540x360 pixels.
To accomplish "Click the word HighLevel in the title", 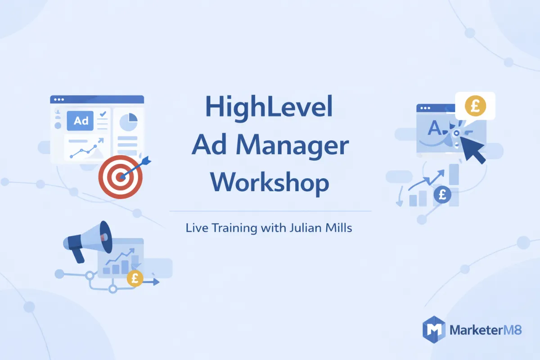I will tap(270, 108).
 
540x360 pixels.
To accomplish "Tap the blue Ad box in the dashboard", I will tap(80, 121).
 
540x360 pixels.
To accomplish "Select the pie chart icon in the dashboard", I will tap(129, 121).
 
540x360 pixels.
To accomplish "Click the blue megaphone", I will tap(88, 240).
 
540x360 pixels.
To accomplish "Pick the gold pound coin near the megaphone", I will tap(135, 279).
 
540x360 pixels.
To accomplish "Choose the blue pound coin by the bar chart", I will tap(443, 194).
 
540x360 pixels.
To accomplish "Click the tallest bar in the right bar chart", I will tap(454, 174).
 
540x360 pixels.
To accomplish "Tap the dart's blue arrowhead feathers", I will tap(146, 160).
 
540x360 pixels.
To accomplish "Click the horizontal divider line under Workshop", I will tap(270, 211).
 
